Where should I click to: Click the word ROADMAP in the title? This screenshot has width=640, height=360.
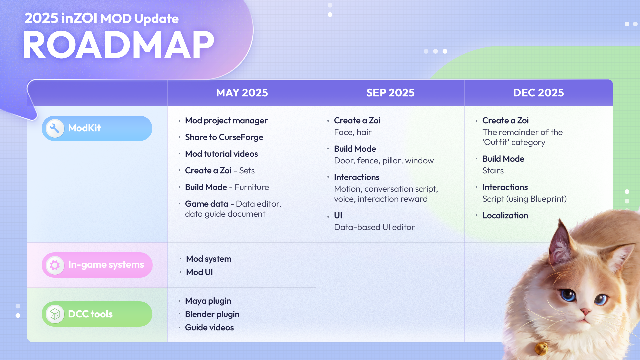[x=119, y=45]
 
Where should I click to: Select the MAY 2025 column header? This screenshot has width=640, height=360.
[x=242, y=93]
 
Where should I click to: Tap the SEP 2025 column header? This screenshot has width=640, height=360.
[x=390, y=93]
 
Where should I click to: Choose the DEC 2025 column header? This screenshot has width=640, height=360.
[x=538, y=93]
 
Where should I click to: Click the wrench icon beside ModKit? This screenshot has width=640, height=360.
[x=55, y=128]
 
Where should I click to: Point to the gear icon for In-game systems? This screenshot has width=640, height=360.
[x=55, y=265]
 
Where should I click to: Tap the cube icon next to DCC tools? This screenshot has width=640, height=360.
[x=55, y=314]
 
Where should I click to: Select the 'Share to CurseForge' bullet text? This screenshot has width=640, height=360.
[x=224, y=137]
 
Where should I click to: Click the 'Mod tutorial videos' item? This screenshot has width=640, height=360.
[x=221, y=154]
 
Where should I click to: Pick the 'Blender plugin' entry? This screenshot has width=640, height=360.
[x=212, y=314]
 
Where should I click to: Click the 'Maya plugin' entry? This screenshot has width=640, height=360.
[x=208, y=301]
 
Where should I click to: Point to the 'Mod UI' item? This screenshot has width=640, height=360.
[x=199, y=272]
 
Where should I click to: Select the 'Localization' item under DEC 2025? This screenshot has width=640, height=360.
[x=505, y=215]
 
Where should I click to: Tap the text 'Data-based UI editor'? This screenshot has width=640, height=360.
[x=374, y=227]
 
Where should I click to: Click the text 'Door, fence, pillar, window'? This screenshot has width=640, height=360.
[x=384, y=161]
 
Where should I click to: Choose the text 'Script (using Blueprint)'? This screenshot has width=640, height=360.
[x=524, y=199]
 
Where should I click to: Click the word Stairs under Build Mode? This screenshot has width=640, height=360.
[x=493, y=170]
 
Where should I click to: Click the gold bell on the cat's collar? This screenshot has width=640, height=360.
[x=541, y=349]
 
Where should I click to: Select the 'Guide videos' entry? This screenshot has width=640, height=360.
[x=209, y=327]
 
